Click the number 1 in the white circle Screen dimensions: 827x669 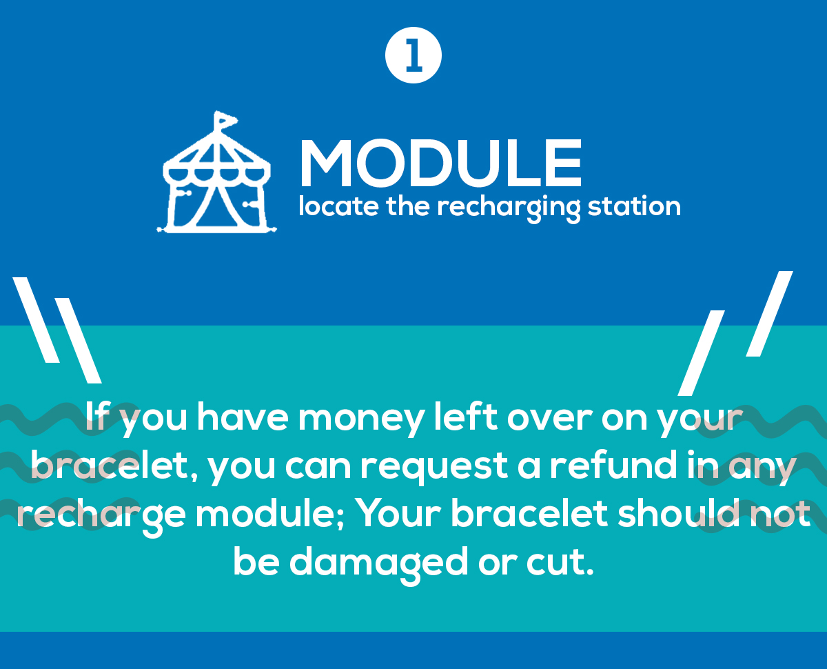pos(413,55)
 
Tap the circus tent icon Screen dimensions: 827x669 pos(216,172)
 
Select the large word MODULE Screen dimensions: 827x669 pos(440,163)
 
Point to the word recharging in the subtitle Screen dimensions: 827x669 pos(509,209)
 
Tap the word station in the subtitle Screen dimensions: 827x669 pos(635,206)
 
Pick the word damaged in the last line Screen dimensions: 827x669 pos(378,564)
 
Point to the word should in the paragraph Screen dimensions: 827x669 pos(679,514)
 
